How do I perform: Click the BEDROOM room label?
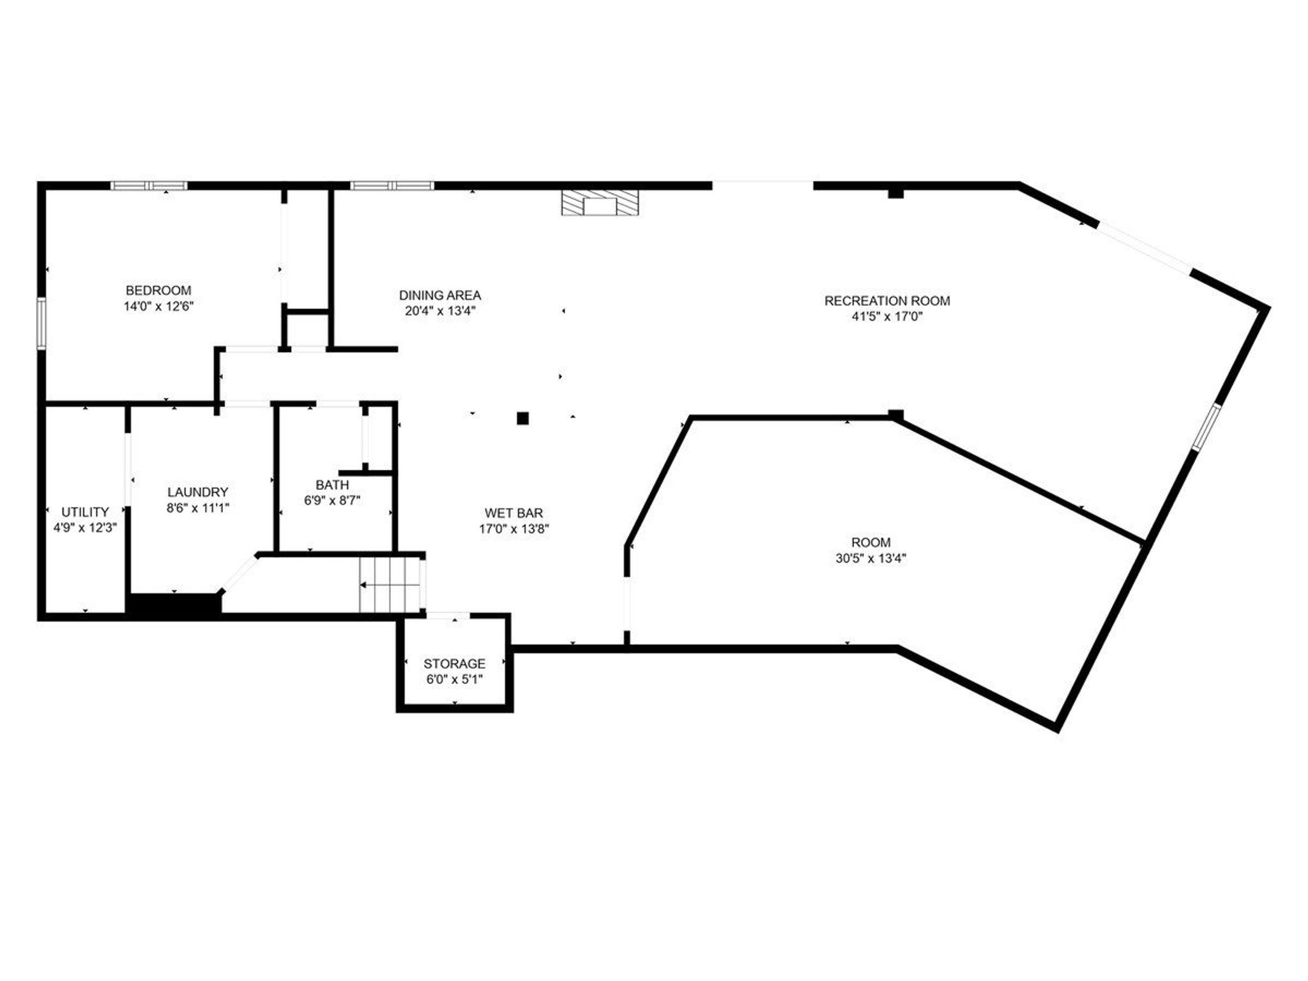tap(158, 291)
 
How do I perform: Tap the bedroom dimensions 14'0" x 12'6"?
tap(158, 307)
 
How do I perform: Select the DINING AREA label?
tap(440, 296)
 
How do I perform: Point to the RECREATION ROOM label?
tap(887, 301)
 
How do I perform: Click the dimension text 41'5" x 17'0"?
tap(887, 317)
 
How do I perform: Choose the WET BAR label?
tap(514, 513)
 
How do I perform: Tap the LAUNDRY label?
tap(198, 492)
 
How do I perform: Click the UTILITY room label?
tap(85, 512)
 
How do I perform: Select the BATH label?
tap(332, 485)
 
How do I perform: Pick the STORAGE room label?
tap(454, 664)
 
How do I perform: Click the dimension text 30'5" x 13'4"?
tap(871, 559)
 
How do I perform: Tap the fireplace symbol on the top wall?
tap(599, 202)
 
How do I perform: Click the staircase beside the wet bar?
tap(390, 585)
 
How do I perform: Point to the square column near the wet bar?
tap(523, 419)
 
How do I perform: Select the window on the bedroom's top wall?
tap(149, 186)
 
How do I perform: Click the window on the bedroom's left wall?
tap(42, 323)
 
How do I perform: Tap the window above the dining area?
tap(392, 186)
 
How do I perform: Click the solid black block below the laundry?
tap(174, 605)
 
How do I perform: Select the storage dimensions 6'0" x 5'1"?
tap(454, 680)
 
